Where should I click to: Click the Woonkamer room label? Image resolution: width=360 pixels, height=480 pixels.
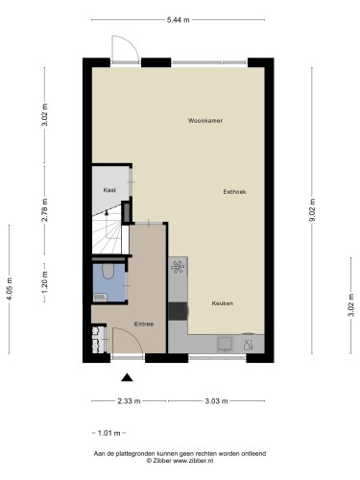[205, 121]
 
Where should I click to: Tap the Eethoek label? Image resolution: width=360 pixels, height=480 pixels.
[234, 192]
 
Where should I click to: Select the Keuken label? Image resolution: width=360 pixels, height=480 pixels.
[223, 303]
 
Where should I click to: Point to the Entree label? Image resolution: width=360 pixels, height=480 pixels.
[144, 324]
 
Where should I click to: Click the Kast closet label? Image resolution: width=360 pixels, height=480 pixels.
[109, 190]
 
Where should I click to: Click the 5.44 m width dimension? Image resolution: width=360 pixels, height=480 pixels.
[178, 20]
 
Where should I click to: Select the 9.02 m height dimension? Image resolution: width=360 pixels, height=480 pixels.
[312, 210]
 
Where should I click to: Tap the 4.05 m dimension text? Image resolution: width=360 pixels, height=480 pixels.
[10, 289]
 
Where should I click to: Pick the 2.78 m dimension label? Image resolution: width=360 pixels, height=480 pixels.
[45, 210]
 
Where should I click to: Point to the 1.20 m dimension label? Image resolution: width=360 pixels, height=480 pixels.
[45, 282]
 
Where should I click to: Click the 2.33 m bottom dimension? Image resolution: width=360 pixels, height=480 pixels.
[129, 401]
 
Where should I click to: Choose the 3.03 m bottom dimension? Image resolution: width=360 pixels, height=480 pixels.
[216, 401]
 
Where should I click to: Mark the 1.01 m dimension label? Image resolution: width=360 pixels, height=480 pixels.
[108, 433]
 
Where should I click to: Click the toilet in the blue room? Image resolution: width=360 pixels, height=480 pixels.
[108, 271]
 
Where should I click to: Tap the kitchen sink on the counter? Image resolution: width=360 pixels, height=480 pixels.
[226, 344]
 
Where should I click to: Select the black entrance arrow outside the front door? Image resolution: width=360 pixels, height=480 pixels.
[127, 378]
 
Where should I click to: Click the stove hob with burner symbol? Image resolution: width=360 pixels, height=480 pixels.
[178, 267]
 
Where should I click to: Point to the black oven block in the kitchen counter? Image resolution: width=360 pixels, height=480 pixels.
[178, 311]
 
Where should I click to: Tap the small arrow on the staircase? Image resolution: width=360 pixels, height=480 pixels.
[107, 212]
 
